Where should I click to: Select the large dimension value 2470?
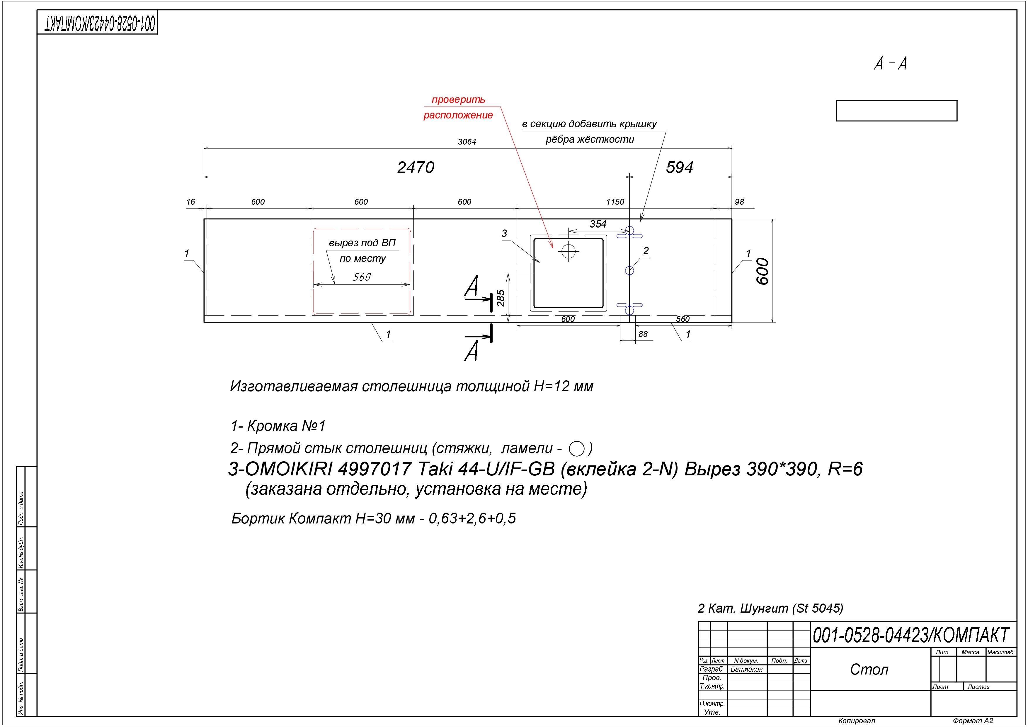(x=416, y=167)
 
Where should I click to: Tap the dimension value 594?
(x=679, y=167)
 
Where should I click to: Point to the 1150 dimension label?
(x=615, y=202)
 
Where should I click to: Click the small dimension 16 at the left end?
(x=191, y=202)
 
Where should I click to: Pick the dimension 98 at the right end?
(x=739, y=202)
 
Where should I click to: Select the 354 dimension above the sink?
(x=598, y=224)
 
